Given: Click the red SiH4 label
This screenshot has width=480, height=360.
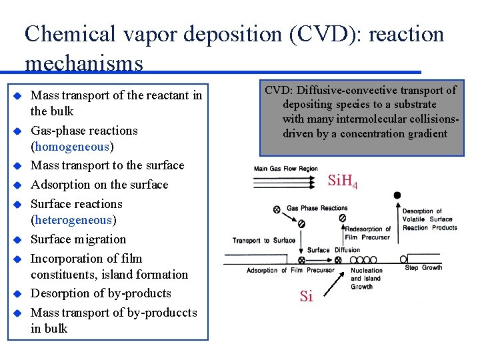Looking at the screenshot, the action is [x=343, y=181].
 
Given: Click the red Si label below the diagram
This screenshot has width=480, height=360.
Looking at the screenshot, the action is [x=306, y=297].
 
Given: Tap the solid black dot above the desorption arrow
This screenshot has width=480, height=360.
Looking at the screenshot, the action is [x=397, y=195].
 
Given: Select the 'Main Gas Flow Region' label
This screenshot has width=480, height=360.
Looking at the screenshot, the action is [x=286, y=169].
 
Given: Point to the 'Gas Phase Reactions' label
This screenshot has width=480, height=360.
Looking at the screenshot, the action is [x=317, y=208].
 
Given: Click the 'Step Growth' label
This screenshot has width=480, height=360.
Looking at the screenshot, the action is [x=423, y=268].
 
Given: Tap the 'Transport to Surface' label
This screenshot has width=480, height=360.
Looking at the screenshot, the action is [x=263, y=240].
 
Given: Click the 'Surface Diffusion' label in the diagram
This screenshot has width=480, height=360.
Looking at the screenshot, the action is [x=333, y=250].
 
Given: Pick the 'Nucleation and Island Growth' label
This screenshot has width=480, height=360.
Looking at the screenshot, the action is [x=366, y=279].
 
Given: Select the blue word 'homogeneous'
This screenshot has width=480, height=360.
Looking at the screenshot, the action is [x=73, y=147].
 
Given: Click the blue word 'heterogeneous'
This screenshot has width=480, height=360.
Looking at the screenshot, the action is [x=73, y=220].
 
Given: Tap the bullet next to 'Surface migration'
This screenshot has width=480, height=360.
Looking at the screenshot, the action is [x=18, y=239].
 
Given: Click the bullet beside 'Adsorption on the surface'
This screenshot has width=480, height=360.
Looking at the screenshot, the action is [x=18, y=185].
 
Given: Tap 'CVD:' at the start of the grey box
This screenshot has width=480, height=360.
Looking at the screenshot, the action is [x=278, y=90].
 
